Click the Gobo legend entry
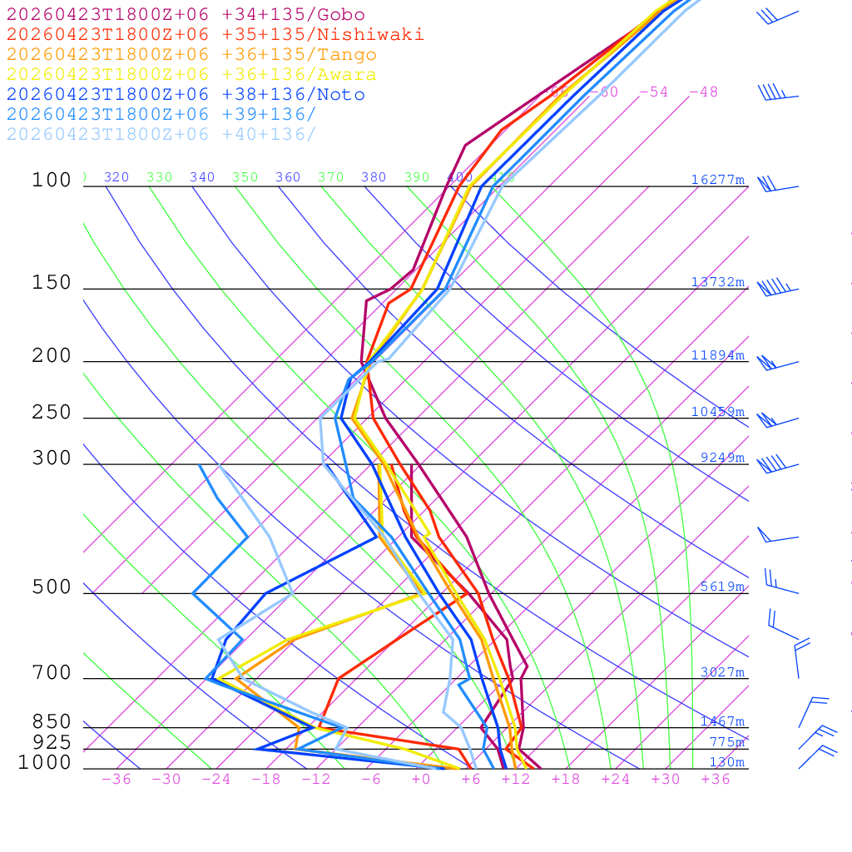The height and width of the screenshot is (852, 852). pos(186,15)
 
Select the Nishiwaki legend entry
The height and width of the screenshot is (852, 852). pos(215,35)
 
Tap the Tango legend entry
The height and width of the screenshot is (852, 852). pos(191,55)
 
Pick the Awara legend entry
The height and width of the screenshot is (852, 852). pos(191,75)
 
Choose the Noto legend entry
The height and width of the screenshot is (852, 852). pos(186,95)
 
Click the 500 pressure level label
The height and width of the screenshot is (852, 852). pos(52,587)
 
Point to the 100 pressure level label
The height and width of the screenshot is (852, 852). pos(52,180)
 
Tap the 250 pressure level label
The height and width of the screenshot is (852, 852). pos(52,413)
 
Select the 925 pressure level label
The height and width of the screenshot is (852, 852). pos(52,742)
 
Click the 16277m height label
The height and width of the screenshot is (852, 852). pos(718,180)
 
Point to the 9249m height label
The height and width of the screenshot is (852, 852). pos(722,458)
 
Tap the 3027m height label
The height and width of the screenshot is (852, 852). pos(722,672)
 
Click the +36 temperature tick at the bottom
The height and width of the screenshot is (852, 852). pos(715,780)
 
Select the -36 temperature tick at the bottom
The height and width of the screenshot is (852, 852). pos(116,780)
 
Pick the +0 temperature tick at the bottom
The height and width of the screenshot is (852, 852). pos(421,780)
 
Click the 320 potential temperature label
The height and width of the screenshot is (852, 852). pos(116,177)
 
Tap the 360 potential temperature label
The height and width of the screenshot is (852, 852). pos(288,177)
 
